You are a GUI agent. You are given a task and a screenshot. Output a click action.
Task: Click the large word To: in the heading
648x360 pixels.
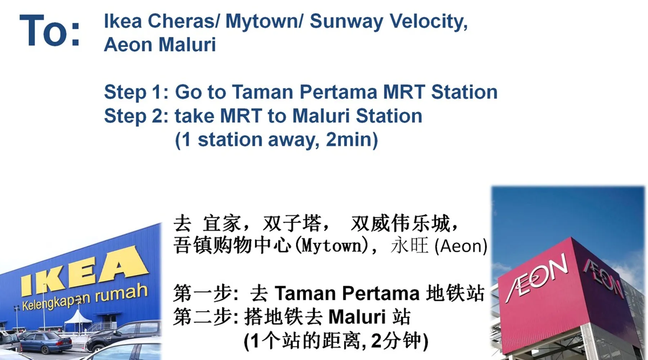(50, 31)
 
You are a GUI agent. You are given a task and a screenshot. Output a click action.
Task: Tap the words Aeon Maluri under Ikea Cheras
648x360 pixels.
(160, 45)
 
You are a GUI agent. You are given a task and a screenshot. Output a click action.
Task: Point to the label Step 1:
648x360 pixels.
(136, 92)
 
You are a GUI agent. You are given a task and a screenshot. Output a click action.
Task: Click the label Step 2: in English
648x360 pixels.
(136, 116)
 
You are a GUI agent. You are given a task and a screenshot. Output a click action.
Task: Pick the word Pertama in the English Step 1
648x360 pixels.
(338, 92)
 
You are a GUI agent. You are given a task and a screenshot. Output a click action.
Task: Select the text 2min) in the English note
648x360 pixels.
(352, 140)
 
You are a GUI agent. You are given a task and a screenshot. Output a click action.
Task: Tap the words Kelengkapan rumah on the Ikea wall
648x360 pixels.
(85, 297)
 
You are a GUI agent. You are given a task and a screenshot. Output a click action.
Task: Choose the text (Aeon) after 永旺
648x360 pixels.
(461, 246)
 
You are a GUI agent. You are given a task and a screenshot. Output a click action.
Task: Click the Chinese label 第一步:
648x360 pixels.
(206, 293)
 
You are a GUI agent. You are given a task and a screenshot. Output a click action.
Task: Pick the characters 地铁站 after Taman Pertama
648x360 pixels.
(455, 293)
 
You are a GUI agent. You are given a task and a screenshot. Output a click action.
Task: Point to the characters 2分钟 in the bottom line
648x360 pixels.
(396, 341)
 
